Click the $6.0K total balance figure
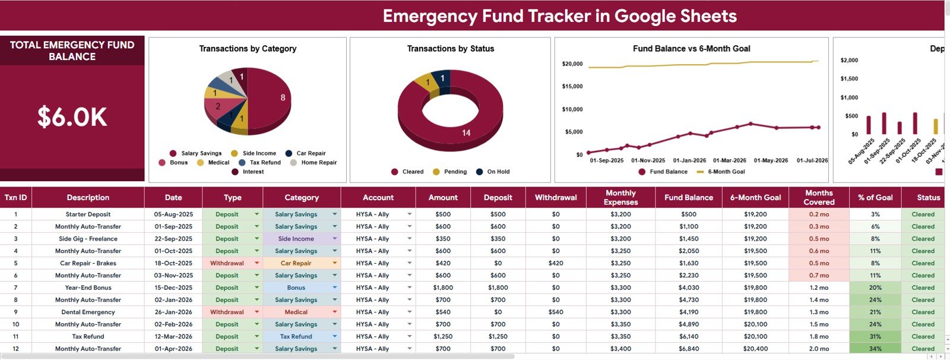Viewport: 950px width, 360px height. point(72,117)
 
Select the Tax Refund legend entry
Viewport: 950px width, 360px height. point(259,162)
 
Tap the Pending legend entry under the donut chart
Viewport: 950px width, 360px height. point(449,172)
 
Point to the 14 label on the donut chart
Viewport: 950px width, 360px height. point(466,133)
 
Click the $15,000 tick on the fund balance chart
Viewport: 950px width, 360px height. point(572,86)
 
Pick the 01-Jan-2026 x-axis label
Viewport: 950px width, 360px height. point(689,160)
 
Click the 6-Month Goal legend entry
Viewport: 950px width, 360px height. point(721,172)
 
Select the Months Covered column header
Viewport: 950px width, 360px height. point(819,197)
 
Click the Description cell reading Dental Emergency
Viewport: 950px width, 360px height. point(88,312)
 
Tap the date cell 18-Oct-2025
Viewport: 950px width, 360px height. point(173,263)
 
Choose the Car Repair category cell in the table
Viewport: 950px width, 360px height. point(296,263)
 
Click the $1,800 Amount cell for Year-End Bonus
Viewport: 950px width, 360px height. point(443,288)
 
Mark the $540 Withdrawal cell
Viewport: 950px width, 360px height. point(556,312)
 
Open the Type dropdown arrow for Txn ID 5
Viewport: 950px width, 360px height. point(256,263)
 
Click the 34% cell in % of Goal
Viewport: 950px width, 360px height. point(875,349)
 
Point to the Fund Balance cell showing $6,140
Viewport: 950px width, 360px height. point(688,336)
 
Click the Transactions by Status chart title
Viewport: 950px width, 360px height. point(451,48)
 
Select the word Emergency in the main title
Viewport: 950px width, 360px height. point(430,16)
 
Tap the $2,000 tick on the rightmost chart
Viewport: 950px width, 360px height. point(849,60)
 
